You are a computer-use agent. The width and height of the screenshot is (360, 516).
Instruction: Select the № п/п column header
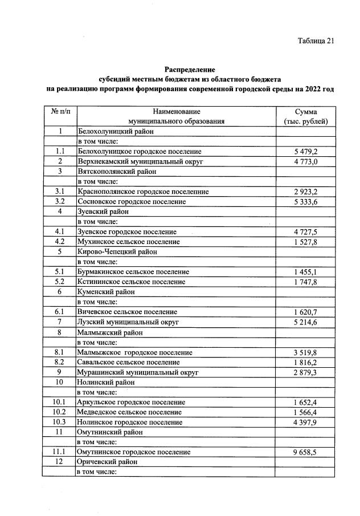pos(60,112)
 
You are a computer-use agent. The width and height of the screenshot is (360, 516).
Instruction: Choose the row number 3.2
pos(60,202)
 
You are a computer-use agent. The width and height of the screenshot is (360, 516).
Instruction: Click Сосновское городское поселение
pos(132,202)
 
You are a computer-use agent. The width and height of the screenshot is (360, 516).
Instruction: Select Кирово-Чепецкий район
pos(117,251)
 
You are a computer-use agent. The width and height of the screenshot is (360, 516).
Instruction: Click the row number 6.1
pos(60,312)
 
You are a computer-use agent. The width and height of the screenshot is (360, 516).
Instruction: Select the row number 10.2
pos(60,412)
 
